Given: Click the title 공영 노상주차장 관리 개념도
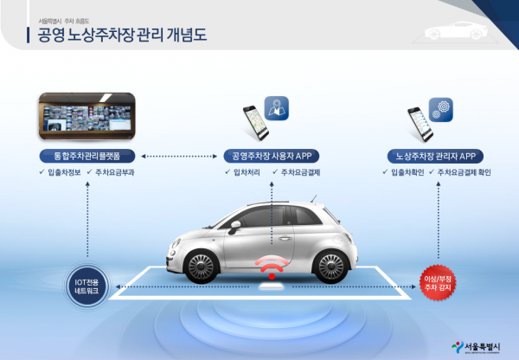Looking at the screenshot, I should click(x=123, y=36).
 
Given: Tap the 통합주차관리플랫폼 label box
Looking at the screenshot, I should click(x=86, y=156).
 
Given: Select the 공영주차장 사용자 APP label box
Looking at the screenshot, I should click(x=272, y=156).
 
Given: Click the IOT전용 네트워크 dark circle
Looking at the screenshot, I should click(x=86, y=286).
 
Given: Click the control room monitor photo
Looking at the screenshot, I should click(x=86, y=117).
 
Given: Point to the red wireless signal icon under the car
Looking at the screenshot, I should click(x=272, y=266).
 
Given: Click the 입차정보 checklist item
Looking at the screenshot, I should click(x=64, y=173).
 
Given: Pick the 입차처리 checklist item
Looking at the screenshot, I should click(x=244, y=173).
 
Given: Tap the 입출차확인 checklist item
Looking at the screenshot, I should click(x=404, y=173).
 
